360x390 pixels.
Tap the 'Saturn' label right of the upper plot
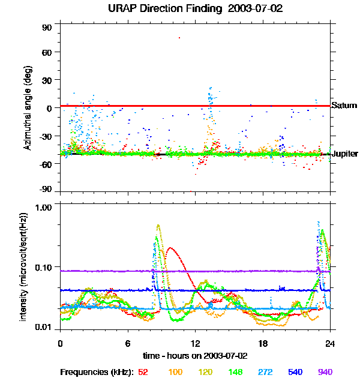tap(344, 106)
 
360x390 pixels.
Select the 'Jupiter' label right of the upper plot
tap(345, 154)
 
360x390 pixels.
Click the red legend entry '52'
tap(143, 372)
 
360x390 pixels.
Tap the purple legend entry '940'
tap(325, 372)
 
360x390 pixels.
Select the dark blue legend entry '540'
tap(296, 372)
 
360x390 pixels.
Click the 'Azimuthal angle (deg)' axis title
tap(27, 108)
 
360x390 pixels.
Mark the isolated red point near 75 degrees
tap(179, 38)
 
